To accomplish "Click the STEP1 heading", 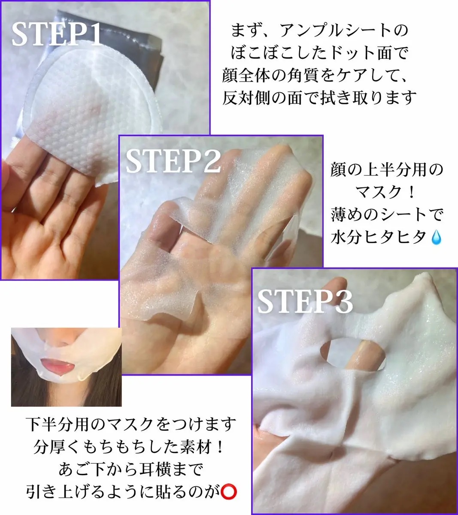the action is (57, 35).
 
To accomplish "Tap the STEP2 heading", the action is (173, 161).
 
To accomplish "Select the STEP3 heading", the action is (305, 301).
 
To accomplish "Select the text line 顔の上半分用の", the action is (386, 170).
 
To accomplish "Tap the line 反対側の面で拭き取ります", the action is (319, 97).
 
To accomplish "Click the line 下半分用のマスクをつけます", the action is (131, 424).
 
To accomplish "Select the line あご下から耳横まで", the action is (131, 470).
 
